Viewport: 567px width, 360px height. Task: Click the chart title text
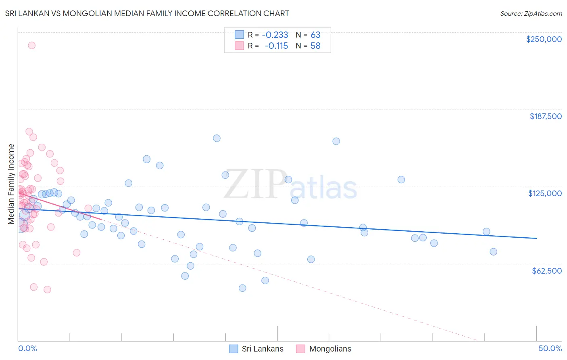pos(147,13)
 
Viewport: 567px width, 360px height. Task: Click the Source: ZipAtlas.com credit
pos(531,13)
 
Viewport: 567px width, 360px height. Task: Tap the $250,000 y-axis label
pos(544,39)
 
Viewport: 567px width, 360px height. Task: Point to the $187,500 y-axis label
pos(546,116)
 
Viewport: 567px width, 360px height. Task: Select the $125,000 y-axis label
pos(545,193)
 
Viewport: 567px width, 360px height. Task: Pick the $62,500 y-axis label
pos(546,271)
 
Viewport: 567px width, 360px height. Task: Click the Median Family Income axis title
pos(11,184)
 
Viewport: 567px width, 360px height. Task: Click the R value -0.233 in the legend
pos(275,35)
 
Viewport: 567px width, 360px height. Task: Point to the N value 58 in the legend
pos(315,46)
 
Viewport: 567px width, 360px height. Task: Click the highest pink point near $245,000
pos(31,45)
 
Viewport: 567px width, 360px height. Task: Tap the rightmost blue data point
pos(493,252)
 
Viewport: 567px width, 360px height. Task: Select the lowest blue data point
pos(242,288)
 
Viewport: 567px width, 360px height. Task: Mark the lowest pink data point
pos(47,289)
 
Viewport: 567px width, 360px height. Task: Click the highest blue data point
pos(217,138)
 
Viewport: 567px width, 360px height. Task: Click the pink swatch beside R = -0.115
pos(240,46)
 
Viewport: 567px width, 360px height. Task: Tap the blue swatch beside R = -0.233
pos(240,35)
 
